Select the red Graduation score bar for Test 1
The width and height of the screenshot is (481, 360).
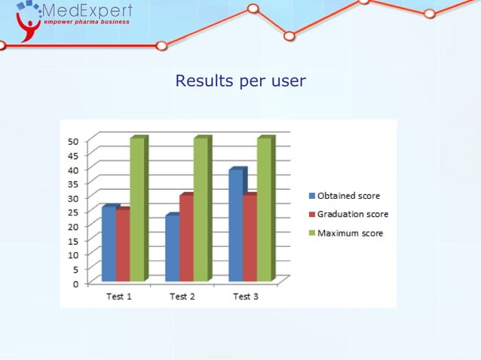[x=122, y=246]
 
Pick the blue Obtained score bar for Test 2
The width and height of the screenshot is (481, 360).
[x=172, y=249]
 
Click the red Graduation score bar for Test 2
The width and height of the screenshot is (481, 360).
[x=185, y=238]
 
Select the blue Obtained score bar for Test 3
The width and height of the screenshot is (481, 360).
[x=235, y=225]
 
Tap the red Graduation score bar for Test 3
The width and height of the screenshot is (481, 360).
[x=249, y=238]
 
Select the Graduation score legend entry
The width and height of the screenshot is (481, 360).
[x=352, y=215]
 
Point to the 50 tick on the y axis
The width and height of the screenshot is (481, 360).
[x=73, y=141]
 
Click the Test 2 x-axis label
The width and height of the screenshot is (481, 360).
[x=182, y=297]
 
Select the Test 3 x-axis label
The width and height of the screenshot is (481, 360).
[x=245, y=297]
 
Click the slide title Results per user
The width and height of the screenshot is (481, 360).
[x=240, y=81]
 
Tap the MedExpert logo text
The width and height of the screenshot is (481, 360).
[x=87, y=11]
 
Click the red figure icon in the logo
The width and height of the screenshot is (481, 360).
[x=29, y=28]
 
